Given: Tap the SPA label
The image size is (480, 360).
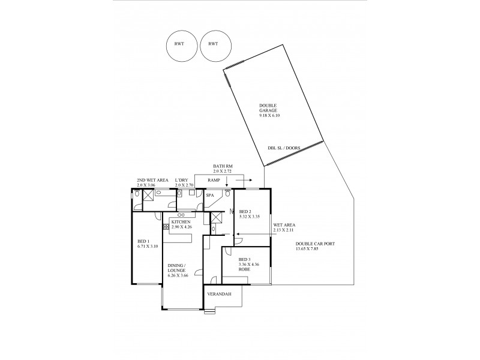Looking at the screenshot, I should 210,195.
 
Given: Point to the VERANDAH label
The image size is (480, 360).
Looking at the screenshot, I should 218,295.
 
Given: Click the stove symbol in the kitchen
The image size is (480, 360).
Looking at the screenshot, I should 166,228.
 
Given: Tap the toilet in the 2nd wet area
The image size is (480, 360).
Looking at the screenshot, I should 137,203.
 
